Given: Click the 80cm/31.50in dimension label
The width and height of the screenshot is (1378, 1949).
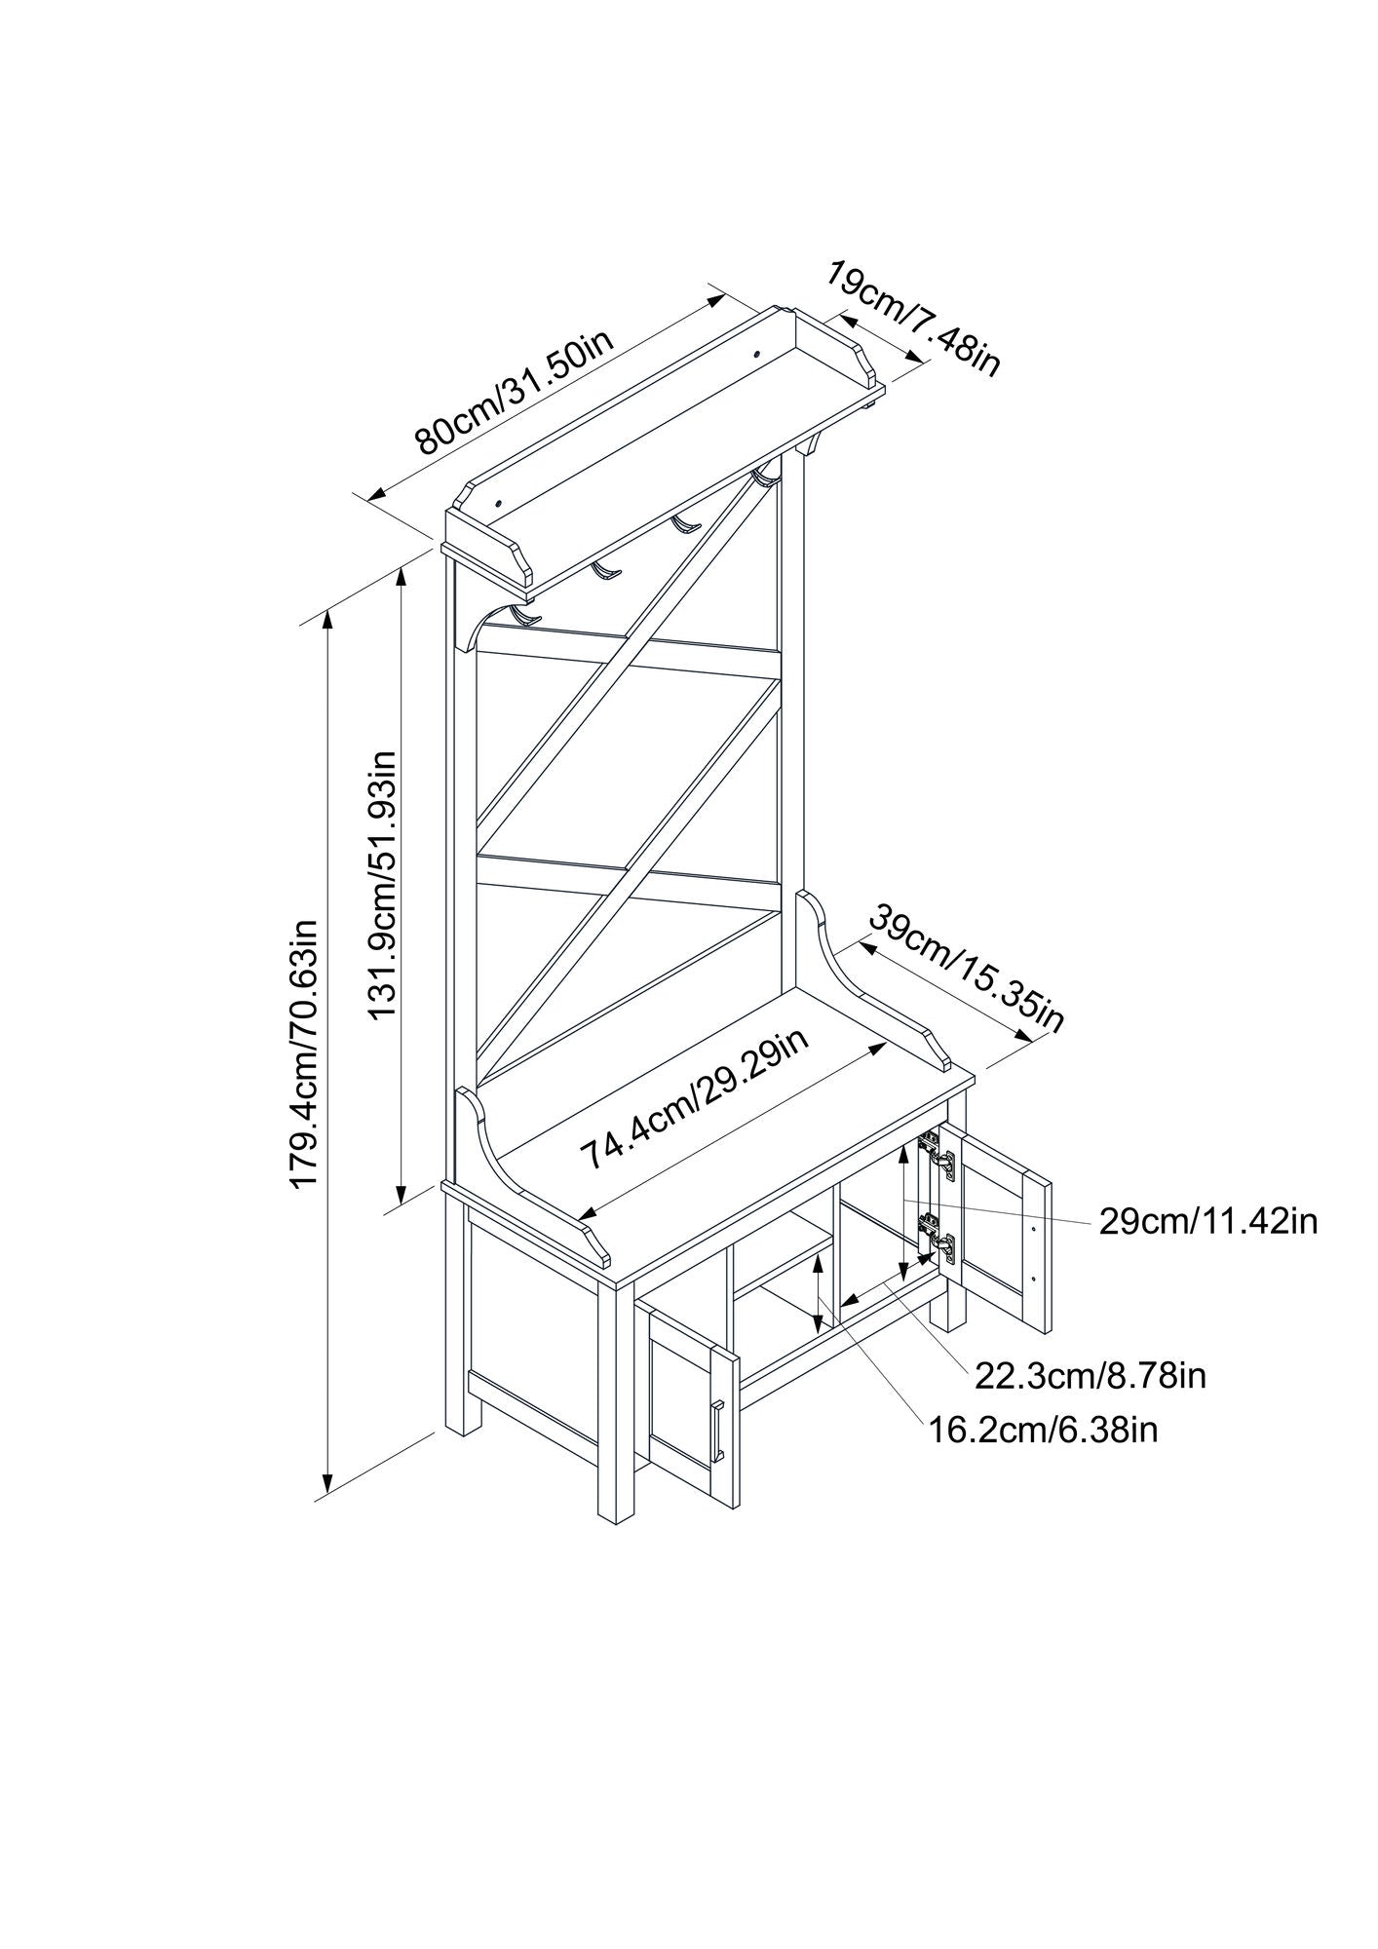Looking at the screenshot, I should (x=515, y=395).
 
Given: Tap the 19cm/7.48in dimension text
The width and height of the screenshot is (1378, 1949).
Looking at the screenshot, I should (x=913, y=318).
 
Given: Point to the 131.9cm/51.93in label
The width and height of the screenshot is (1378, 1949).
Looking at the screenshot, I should (x=384, y=885).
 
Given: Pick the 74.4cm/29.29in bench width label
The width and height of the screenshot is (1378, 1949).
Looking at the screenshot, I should (x=694, y=1098).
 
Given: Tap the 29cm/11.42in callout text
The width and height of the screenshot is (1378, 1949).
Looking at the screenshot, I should (x=1207, y=1220).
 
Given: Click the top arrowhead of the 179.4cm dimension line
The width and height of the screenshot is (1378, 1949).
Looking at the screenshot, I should (x=329, y=615).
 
